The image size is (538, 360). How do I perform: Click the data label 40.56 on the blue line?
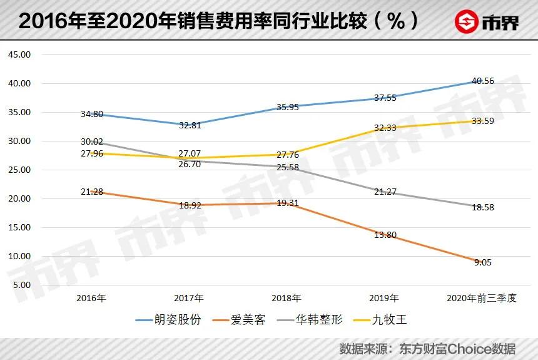[x=482, y=81]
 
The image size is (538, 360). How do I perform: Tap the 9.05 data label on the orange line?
[x=482, y=263]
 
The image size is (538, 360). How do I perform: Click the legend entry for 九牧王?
[x=381, y=320]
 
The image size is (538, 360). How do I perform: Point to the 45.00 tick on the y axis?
[x=19, y=54]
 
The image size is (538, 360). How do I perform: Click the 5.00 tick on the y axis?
[x=21, y=285]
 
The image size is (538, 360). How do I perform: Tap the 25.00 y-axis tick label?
[x=19, y=170]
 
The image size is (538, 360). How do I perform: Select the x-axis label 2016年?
[x=91, y=298]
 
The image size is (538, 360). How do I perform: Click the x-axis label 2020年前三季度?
[x=482, y=298]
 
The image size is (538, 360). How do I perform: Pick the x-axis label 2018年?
[x=287, y=298]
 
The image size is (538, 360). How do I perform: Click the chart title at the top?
[x=219, y=21]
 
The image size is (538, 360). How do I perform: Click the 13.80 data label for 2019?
[x=384, y=235]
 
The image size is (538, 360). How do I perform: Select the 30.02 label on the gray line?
[x=91, y=142]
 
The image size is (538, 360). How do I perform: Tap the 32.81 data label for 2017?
[x=189, y=125]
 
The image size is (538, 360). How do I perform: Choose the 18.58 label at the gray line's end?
[x=482, y=207]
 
